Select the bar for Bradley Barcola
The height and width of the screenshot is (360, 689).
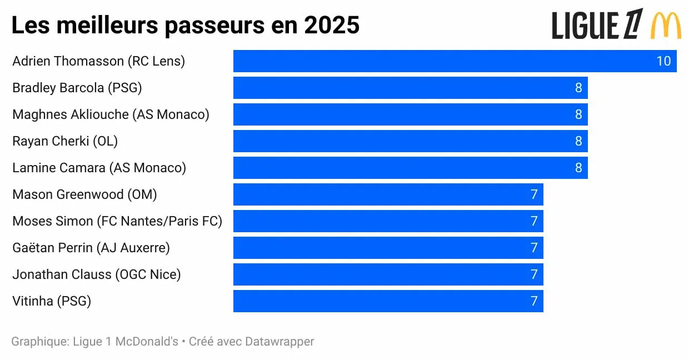[x=410, y=88]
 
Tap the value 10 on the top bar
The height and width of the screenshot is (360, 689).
[x=663, y=61]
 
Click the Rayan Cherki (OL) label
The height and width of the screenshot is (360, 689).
[x=65, y=141]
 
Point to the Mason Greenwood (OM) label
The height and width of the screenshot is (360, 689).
[x=84, y=194]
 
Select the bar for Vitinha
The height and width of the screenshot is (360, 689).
[x=388, y=301]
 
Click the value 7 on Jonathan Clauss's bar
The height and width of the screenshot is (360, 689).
[x=534, y=274]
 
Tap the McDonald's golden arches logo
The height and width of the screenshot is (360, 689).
[x=666, y=25]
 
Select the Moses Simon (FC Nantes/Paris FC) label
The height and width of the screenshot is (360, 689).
[x=117, y=221]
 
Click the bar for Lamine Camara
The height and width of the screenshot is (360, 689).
[x=410, y=168]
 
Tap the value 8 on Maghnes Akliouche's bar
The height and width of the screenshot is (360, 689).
[x=578, y=114]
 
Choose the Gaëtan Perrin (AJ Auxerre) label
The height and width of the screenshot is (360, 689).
[x=91, y=248]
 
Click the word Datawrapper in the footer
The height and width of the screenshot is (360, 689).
[x=279, y=342]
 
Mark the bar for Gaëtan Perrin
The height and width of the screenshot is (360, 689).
[x=388, y=248]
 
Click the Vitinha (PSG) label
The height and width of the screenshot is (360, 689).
[x=52, y=301]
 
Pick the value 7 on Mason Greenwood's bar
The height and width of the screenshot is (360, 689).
[x=534, y=194]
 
